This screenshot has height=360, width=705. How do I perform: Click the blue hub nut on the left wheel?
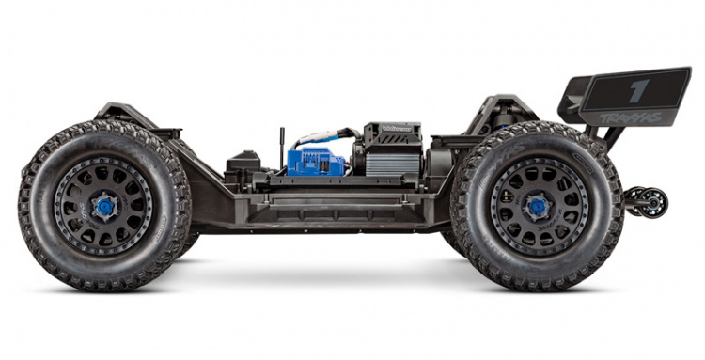click(104, 206)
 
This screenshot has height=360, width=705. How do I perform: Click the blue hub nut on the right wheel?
click(537, 206)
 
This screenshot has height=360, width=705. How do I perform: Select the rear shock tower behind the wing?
click(503, 108)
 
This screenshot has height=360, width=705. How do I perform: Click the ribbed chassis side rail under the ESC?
click(320, 201)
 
